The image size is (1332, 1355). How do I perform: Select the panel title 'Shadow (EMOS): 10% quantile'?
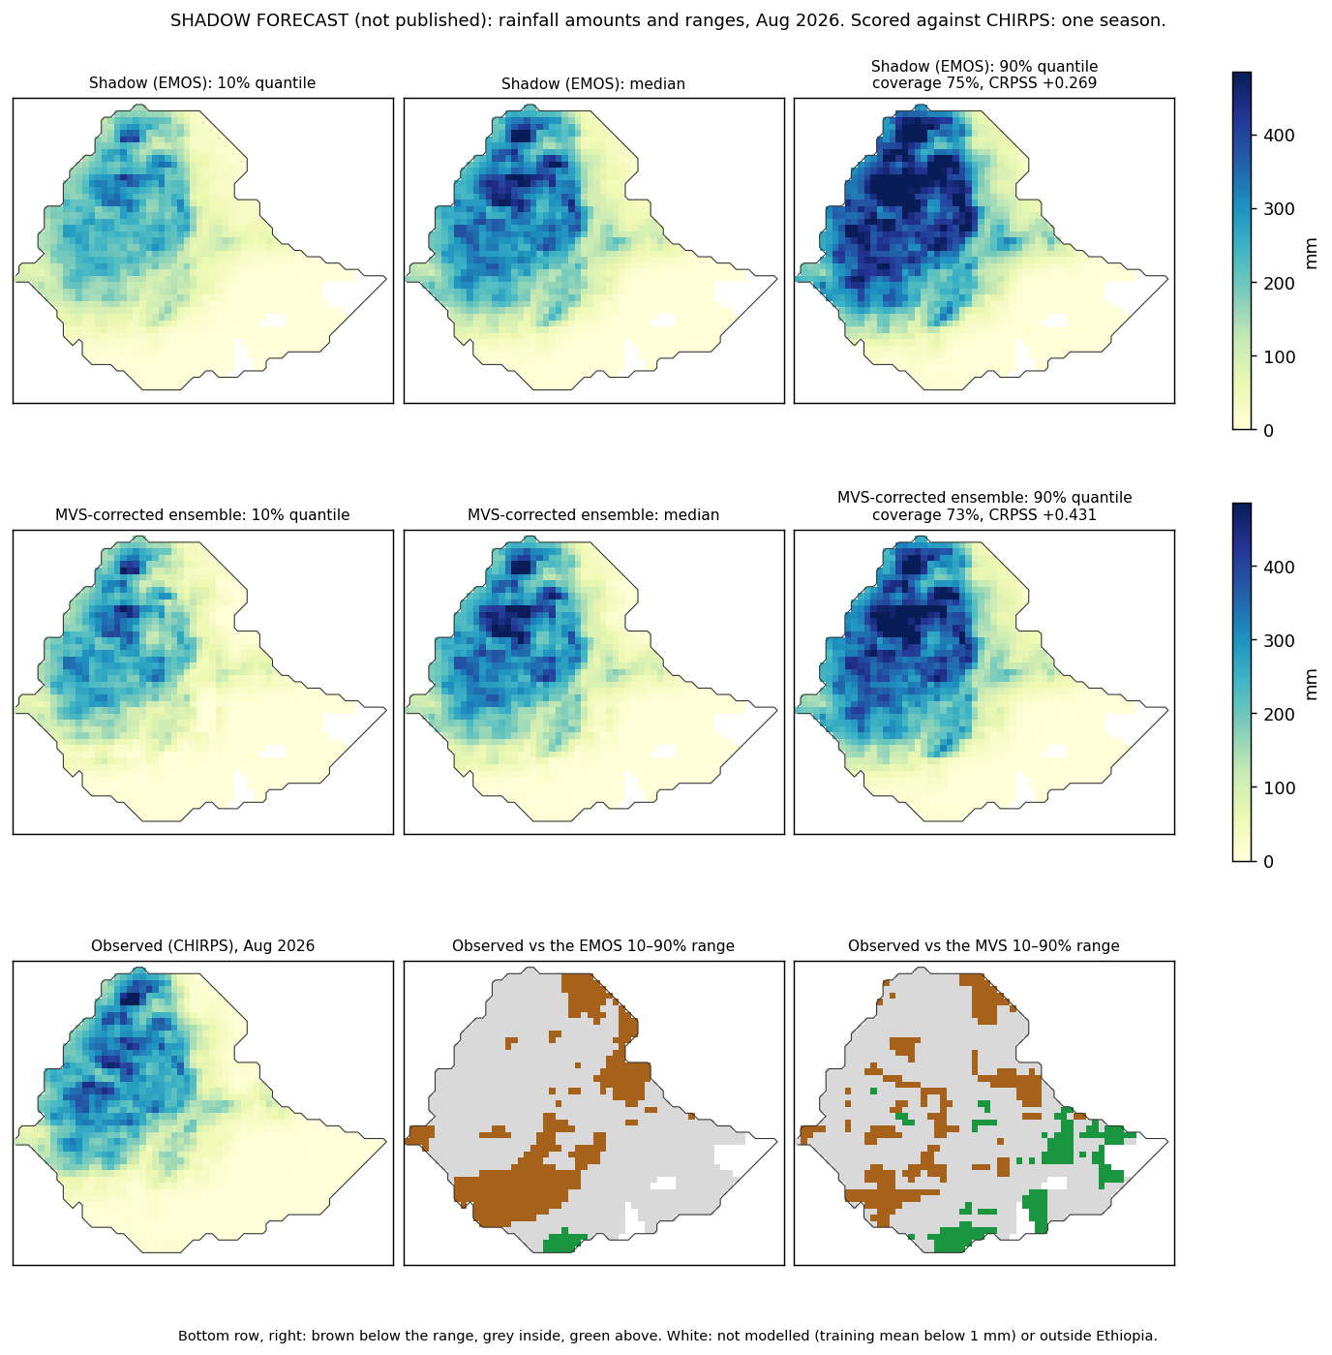coord(202,83)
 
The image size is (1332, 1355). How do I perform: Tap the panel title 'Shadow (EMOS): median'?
coord(593,83)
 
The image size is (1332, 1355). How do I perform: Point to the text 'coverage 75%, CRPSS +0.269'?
coord(984,83)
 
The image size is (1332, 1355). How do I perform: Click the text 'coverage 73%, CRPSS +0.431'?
coord(984,514)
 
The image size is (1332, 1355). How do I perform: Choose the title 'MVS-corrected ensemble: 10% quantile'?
coord(202,514)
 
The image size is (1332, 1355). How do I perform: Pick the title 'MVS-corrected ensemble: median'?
coord(593,514)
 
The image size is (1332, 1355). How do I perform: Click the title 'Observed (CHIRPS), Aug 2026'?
coord(202,945)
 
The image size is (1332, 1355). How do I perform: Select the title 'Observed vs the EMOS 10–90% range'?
coord(593,945)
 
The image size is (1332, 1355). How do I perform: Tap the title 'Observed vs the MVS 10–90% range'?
coord(984,945)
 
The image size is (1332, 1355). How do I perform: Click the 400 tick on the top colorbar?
coord(1278,135)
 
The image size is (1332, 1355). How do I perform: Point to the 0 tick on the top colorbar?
coord(1268,430)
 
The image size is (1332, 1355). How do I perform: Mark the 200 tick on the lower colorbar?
coord(1278,714)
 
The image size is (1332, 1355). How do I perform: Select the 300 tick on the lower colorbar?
coord(1278,640)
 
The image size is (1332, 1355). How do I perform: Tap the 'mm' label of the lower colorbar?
coord(1310,685)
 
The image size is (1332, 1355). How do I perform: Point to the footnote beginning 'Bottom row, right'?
coord(667,1336)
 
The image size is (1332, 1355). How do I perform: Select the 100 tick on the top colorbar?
coord(1278,356)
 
